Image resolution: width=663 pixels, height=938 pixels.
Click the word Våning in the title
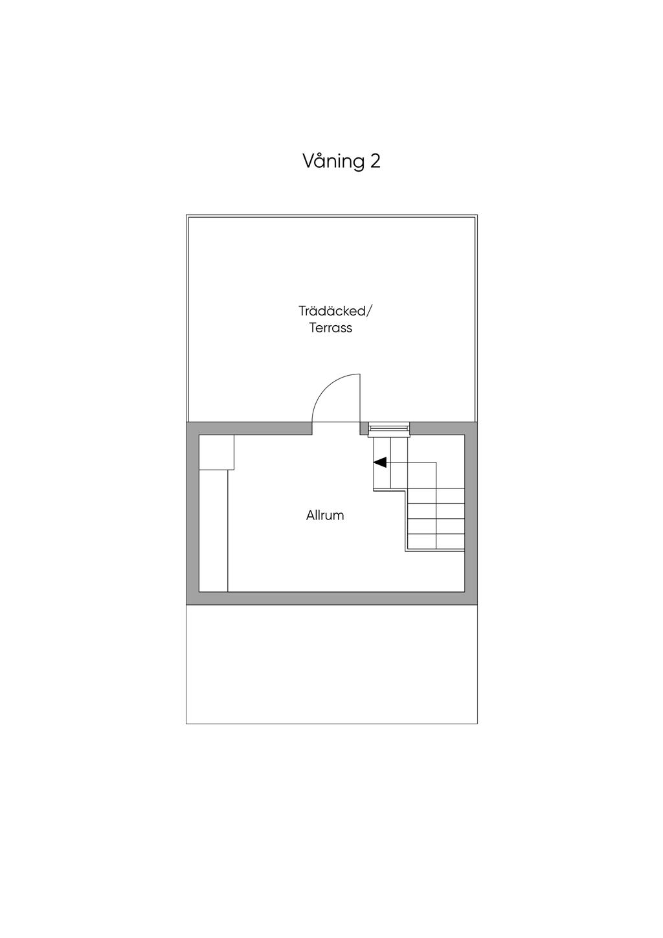click(x=333, y=161)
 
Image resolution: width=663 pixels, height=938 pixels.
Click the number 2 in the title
click(x=375, y=161)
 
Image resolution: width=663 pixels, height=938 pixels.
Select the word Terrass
click(x=331, y=328)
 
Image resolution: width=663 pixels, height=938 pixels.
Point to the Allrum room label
click(x=325, y=516)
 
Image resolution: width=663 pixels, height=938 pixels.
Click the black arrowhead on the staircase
click(x=381, y=463)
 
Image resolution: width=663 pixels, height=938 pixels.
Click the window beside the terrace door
click(x=389, y=428)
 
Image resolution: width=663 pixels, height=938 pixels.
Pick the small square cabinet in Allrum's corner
click(x=216, y=452)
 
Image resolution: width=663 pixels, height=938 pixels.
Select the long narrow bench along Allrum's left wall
click(x=214, y=531)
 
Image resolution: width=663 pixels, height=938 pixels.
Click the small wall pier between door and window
click(x=364, y=428)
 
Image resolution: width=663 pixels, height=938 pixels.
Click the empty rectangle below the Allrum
click(x=331, y=664)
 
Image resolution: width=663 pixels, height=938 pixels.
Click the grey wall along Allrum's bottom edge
click(x=331, y=598)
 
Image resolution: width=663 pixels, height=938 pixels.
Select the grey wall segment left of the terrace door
click(x=249, y=428)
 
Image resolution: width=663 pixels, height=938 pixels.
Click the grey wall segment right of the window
click(x=444, y=428)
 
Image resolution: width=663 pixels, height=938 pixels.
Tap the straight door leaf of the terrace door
click(x=360, y=398)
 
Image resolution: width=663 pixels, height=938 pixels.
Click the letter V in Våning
click(x=309, y=161)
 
